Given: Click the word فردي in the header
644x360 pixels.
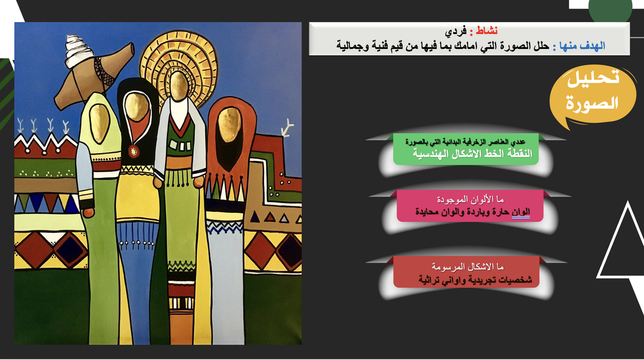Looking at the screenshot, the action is pos(456,31).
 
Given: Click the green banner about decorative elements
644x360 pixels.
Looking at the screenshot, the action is pos(466,149).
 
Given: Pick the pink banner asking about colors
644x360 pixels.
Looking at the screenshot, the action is pos(470,206).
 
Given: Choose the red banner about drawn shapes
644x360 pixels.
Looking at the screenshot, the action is pos(466,272).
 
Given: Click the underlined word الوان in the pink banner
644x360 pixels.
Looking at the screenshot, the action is pos(521,212).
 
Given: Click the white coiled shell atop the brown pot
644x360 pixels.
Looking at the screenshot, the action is pos(78,51).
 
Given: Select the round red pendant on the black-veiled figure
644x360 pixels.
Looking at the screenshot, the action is pos(133,151).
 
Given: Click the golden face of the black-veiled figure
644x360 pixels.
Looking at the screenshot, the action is pos(136,107).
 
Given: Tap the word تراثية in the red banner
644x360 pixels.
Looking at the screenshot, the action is pos(429,280).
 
